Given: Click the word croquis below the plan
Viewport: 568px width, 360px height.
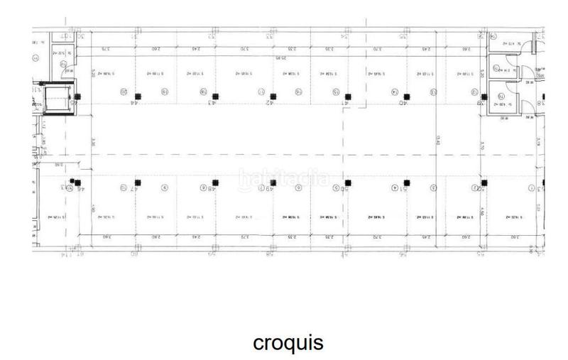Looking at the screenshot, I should point(288,342).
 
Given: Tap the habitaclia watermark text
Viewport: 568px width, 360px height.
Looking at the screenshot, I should point(284,178).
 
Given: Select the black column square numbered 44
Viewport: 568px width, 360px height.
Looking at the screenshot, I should point(139,96).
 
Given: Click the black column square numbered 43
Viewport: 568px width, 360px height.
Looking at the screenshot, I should point(215,96).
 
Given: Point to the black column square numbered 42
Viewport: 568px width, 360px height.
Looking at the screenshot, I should point(273,96).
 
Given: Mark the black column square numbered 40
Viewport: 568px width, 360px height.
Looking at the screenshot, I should point(405,96).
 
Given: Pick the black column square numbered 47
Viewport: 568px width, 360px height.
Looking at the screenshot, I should point(140,182).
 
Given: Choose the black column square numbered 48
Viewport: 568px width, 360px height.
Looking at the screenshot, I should point(215,182).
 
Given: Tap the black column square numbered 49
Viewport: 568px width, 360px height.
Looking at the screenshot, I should point(273,182).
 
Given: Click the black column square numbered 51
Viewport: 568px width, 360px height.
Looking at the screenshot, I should point(405,182).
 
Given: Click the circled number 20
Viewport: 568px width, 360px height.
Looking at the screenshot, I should point(124,92).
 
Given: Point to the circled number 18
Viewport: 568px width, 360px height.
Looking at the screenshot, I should point(203,92).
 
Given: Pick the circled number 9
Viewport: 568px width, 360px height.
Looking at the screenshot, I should point(164,188).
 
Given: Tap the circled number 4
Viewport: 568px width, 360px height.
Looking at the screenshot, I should point(393,188).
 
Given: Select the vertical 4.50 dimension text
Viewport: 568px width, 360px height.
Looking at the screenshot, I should point(482,210).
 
